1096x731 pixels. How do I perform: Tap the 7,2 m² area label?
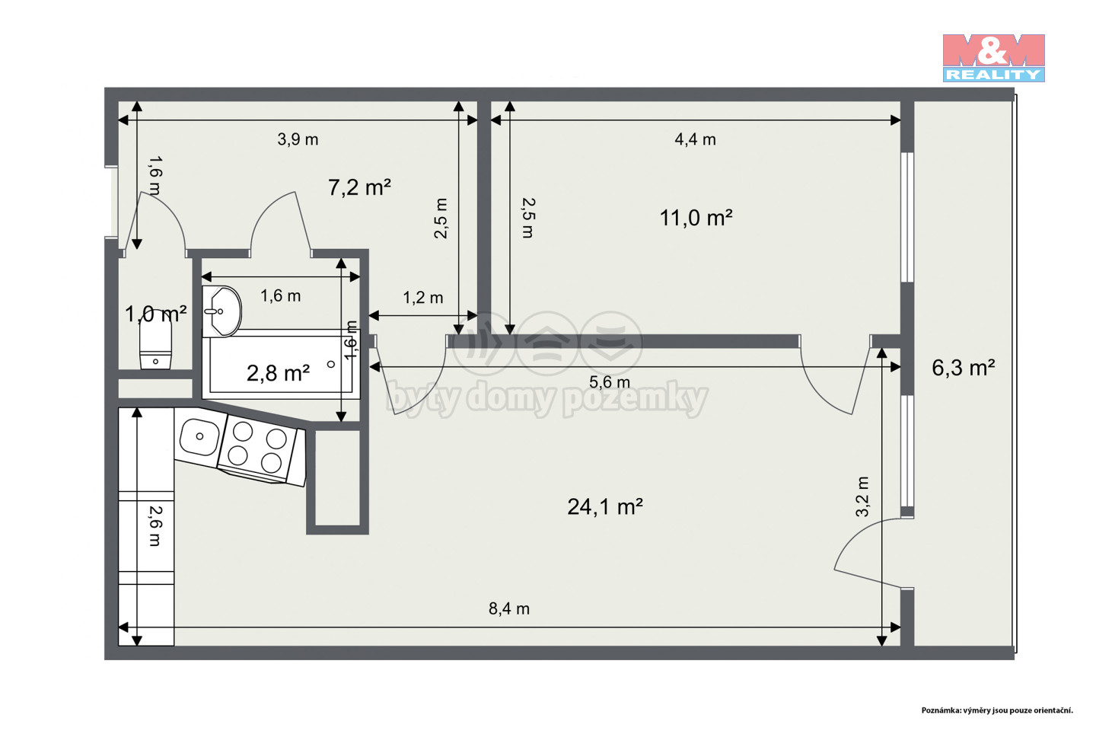pos(359,187)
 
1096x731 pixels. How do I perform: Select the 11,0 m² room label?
pos(696,218)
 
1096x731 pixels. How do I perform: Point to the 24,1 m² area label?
pos(605,507)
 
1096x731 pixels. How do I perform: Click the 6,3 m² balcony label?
pos(964,368)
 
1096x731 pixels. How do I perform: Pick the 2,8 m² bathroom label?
pos(278,373)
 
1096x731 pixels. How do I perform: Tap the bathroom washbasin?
pos(221,311)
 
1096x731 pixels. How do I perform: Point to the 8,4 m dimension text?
pos(509,608)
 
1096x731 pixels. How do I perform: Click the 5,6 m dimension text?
pos(610,382)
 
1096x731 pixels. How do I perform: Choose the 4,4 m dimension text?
pos(696,139)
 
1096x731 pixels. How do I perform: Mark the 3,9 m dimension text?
pos(298,139)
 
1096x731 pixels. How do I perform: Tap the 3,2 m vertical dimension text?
pos(862,496)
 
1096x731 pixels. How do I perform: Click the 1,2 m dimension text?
pos(423,298)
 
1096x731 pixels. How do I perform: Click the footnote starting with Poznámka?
pos(997,710)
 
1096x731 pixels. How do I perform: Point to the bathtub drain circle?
pos(331,364)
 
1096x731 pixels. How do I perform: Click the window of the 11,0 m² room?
pos(907,217)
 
